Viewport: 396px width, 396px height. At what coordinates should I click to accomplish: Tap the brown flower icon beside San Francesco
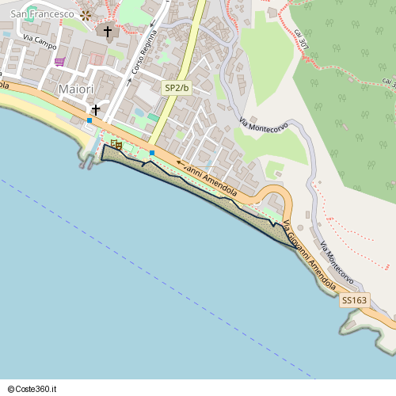[86, 14]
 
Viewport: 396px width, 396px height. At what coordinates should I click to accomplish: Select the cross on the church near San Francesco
[109, 32]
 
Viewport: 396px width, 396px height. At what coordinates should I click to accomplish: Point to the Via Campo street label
[39, 38]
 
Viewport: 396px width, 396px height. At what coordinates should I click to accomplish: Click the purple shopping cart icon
[59, 62]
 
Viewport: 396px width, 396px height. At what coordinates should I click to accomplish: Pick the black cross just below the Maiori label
[96, 109]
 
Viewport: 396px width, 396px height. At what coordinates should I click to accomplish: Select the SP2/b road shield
[177, 88]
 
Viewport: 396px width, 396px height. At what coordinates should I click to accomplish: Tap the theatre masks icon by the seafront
[116, 144]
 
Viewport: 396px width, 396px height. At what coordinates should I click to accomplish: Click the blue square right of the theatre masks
[152, 152]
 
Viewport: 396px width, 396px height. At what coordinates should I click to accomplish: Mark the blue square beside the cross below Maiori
[89, 120]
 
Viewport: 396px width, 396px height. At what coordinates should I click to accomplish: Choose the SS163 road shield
[355, 300]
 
